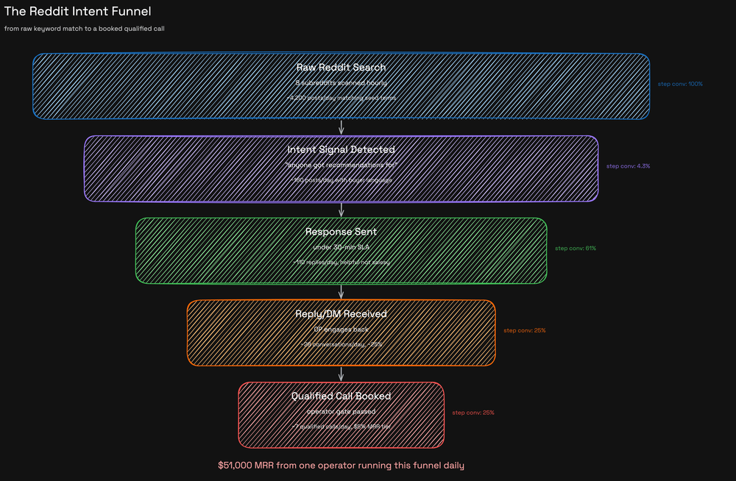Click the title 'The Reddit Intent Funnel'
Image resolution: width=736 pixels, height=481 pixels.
77,12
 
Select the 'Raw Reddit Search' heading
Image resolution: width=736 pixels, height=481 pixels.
341,67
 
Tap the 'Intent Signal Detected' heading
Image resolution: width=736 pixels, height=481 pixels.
341,149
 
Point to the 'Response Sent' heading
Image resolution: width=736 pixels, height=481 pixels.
341,232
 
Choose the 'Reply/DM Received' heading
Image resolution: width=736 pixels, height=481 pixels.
341,314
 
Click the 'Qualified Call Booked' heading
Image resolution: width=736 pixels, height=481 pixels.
341,396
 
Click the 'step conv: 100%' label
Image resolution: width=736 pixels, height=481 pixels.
680,84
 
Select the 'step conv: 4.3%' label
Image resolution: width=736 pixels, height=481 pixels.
628,166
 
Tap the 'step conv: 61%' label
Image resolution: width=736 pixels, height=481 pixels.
576,249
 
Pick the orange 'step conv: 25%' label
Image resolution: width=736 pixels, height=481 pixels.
524,330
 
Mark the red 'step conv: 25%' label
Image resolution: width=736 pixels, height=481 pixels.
473,413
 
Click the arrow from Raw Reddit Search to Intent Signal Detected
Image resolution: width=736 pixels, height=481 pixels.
341,127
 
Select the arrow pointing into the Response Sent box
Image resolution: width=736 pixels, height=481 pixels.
341,210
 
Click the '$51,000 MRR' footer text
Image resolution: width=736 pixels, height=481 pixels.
341,466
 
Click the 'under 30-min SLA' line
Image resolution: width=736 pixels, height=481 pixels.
341,247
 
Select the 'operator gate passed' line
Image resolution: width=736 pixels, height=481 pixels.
341,411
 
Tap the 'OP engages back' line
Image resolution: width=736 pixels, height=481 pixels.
341,329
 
